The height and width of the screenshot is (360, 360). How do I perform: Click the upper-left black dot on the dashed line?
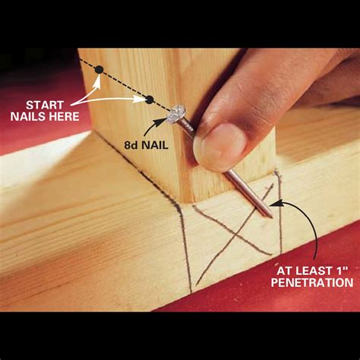pos(98,70)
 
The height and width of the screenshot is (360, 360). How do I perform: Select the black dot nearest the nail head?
pos(149,99)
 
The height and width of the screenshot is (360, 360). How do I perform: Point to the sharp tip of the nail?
pos(270,216)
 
